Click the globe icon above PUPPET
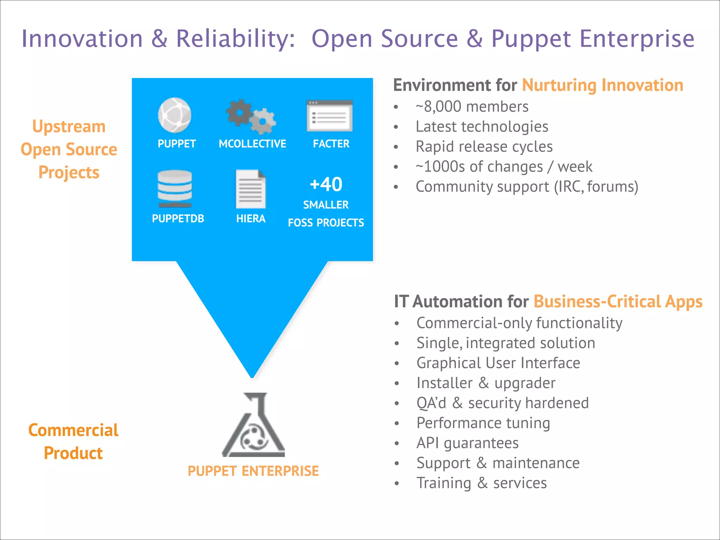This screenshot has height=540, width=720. [x=174, y=115]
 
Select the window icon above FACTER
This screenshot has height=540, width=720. [x=329, y=116]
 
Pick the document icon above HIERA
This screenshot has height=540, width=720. [x=251, y=189]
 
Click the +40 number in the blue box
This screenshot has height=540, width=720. [x=326, y=184]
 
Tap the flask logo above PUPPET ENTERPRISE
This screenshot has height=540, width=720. [x=253, y=425]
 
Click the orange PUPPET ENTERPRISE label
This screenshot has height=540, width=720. [x=253, y=471]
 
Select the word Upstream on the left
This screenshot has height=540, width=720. [x=69, y=127]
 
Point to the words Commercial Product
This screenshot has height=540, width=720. [x=73, y=442]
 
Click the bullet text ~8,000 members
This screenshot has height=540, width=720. [x=472, y=107]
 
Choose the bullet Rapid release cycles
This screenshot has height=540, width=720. [x=484, y=147]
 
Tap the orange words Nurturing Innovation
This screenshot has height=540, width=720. [x=603, y=85]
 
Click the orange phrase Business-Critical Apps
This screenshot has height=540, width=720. [x=618, y=302]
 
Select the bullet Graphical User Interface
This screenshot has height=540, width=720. [x=498, y=363]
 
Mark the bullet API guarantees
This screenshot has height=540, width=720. [x=468, y=443]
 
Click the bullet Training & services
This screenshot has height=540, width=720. [x=482, y=483]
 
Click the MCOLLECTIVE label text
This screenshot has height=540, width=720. [x=252, y=144]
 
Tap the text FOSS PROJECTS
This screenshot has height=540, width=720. [x=326, y=223]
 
